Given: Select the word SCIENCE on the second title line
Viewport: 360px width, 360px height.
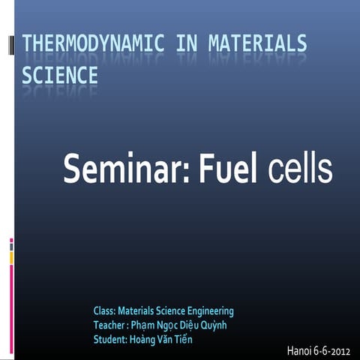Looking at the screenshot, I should click(x=60, y=76).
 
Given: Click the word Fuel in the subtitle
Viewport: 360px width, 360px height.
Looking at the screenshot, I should click(x=228, y=168).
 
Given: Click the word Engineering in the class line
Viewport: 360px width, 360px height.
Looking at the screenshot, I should click(x=211, y=310).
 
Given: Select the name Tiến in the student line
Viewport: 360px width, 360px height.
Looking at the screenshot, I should click(x=193, y=340).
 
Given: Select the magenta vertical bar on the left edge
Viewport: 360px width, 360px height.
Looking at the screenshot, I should click(x=11, y=300).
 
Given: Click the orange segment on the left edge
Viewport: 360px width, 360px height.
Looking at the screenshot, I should click(x=11, y=257).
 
